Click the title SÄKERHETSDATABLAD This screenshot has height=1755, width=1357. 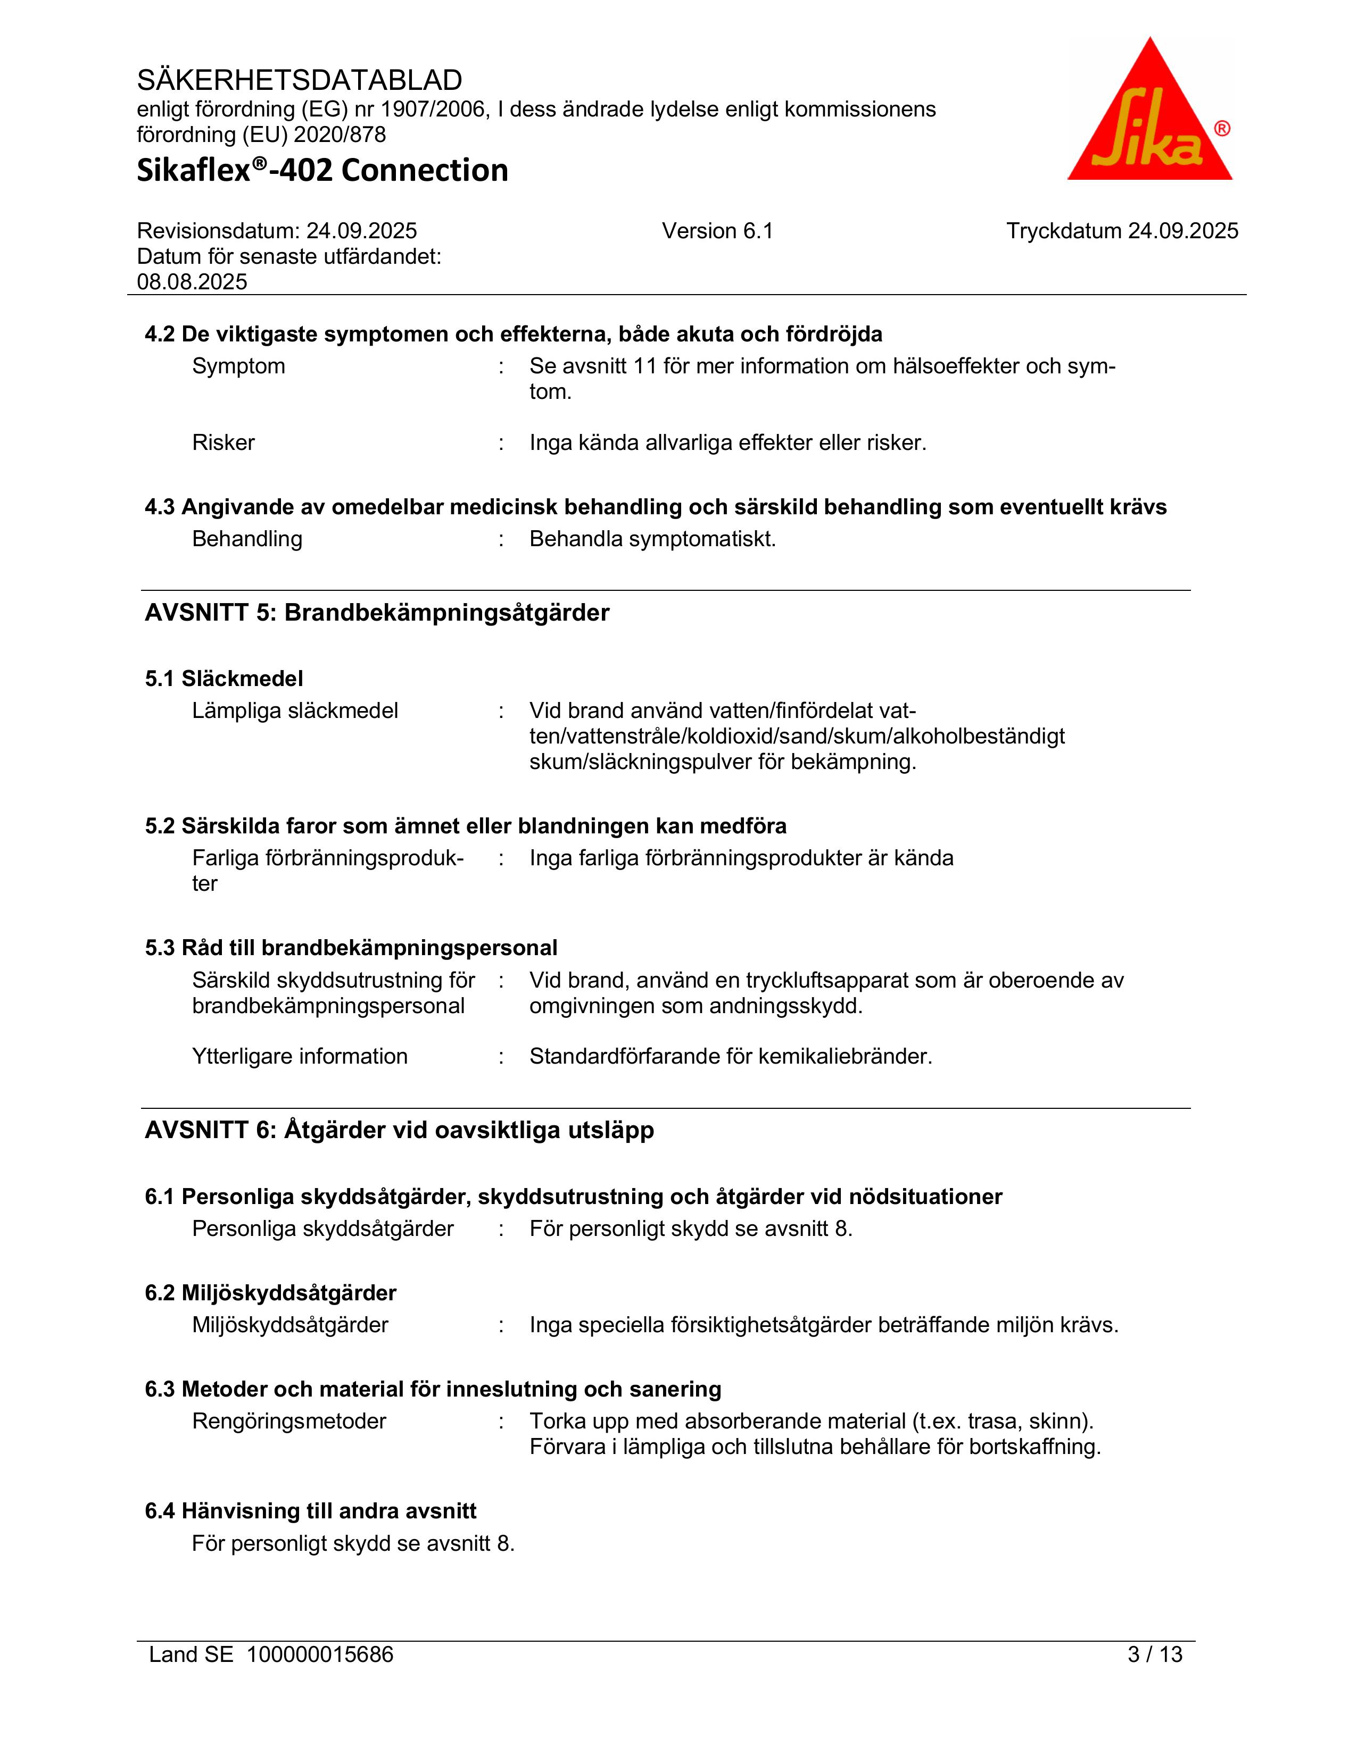pyautogui.click(x=299, y=80)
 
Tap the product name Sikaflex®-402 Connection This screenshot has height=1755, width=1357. pyautogui.click(x=322, y=170)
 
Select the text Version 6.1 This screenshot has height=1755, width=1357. pyautogui.click(x=717, y=231)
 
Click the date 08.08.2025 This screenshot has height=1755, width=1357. pyautogui.click(x=192, y=282)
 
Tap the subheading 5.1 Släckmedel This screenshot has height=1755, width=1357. pyautogui.click(x=224, y=679)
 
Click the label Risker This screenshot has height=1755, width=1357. pyautogui.click(x=224, y=443)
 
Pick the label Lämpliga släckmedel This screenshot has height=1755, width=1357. pyautogui.click(x=295, y=711)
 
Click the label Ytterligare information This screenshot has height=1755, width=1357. pyautogui.click(x=300, y=1057)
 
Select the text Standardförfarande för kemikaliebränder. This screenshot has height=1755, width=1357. pyautogui.click(x=730, y=1057)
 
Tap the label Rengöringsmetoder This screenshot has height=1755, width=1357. pyautogui.click(x=288, y=1422)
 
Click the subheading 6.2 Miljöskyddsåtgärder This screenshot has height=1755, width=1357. pyautogui.click(x=270, y=1293)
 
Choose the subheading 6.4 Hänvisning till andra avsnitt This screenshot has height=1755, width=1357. pyautogui.click(x=310, y=1511)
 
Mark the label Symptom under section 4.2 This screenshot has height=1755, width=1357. pyautogui.click(x=239, y=366)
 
